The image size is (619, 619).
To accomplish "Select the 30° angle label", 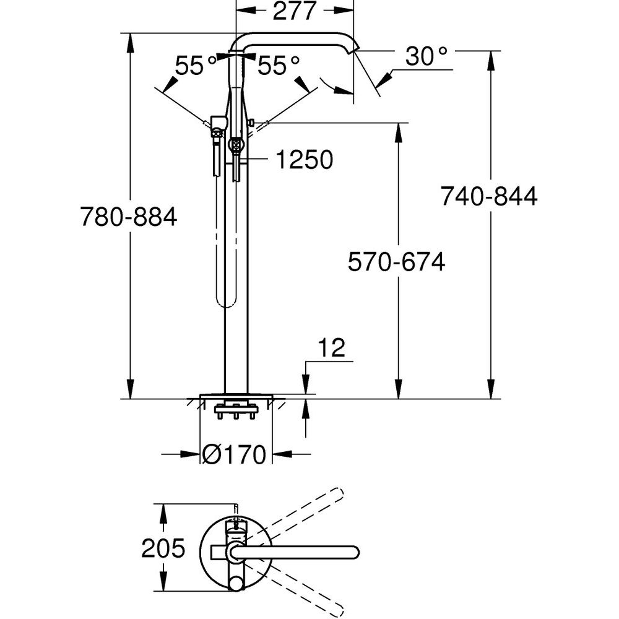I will tap(426, 57).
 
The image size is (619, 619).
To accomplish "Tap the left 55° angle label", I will tap(195, 65).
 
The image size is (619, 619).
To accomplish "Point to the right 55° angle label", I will tap(278, 65).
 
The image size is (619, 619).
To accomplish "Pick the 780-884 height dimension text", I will tap(129, 217).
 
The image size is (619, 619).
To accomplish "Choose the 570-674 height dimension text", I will tap(396, 262).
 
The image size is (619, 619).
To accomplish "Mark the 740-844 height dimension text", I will tap(488, 196).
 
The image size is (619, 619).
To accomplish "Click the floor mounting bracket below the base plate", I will tap(235, 409).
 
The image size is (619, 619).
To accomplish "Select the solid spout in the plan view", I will tap(297, 550).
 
